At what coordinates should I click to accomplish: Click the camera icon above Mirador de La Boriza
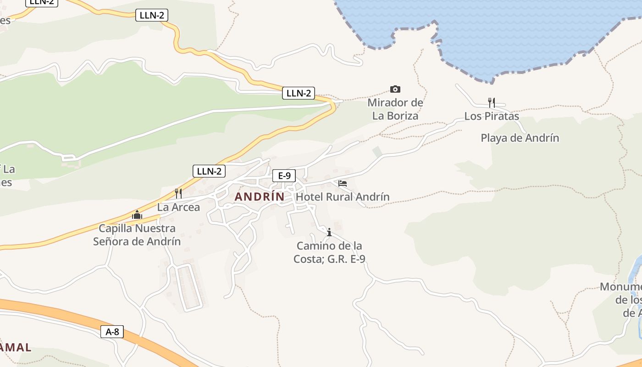pos(395,89)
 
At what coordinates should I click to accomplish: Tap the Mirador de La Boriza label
pos(395,109)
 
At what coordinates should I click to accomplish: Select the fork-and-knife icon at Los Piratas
pos(492,102)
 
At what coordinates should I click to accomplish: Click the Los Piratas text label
pos(492,116)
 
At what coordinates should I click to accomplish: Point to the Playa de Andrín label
pos(520,138)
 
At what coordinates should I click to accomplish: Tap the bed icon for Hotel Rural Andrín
pos(343,183)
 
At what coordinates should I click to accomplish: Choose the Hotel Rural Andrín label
pos(343,197)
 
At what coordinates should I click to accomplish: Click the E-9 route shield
pos(284,175)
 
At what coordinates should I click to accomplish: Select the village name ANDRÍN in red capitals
pos(260,197)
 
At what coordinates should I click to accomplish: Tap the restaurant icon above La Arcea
pos(178,194)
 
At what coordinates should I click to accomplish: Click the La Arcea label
pos(178,207)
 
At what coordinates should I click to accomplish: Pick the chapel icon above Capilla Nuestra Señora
pos(137,214)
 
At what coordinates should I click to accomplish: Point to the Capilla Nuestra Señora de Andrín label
pos(137,234)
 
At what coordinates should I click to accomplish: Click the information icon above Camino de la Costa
pos(329,232)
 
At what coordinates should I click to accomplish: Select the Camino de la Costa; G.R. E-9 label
pos(329,252)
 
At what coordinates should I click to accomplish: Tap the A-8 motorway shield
pos(112,332)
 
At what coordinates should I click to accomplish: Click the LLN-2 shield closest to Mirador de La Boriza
pos(299,93)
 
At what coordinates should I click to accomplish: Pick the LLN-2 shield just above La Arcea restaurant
pos(209,171)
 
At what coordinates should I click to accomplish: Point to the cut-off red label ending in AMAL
pos(16,347)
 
